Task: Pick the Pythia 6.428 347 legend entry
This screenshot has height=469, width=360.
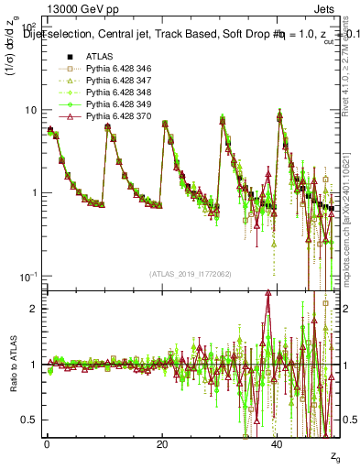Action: point(117,81)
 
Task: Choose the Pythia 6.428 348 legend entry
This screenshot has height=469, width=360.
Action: point(117,93)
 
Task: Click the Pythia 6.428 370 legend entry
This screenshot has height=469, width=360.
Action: point(117,117)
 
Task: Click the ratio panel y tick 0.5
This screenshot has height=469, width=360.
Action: point(33,420)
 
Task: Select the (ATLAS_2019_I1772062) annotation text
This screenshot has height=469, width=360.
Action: point(191,273)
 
